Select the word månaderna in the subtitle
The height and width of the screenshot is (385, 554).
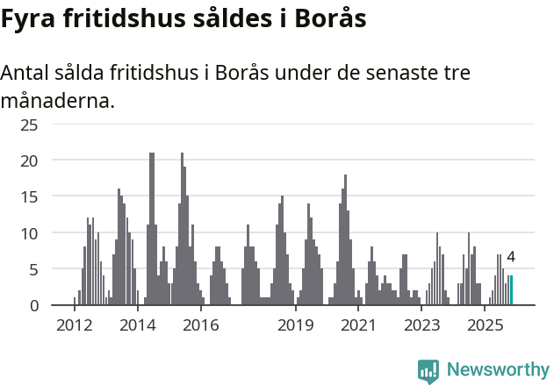(58, 101)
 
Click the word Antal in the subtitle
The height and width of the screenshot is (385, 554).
(27, 72)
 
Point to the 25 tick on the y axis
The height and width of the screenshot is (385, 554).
(30, 125)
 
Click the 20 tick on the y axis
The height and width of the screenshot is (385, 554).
(30, 160)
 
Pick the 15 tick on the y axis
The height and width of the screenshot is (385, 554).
(30, 197)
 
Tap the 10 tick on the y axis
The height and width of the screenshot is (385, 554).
(30, 233)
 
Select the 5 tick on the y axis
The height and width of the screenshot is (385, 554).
(33, 269)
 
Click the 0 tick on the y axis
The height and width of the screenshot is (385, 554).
(33, 305)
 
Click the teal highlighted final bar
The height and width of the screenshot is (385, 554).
(511, 290)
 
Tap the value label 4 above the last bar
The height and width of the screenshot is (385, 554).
(511, 258)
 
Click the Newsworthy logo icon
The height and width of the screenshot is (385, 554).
(428, 371)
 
